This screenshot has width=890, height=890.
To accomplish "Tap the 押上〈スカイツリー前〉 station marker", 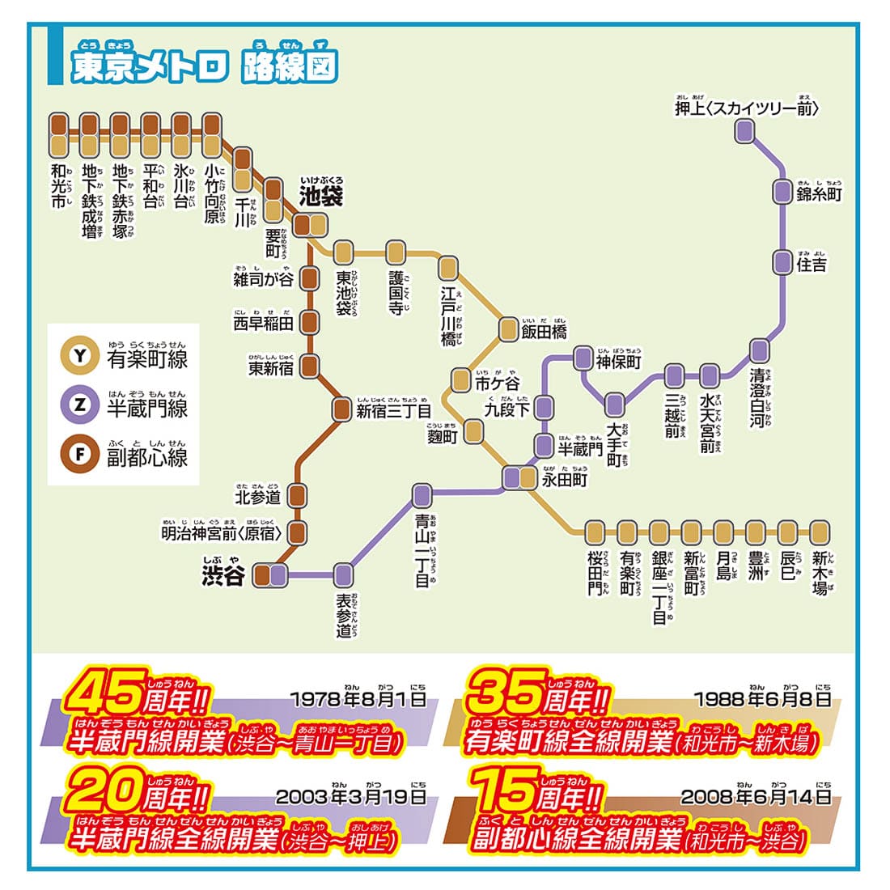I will [x=745, y=131].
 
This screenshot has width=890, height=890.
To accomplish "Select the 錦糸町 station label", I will [x=819, y=194].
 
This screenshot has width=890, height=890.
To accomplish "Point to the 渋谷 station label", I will [x=223, y=574].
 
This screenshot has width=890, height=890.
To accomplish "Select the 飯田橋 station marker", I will [x=508, y=328].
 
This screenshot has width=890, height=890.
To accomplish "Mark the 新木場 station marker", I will [x=820, y=532].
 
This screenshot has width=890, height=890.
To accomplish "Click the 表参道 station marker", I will [x=344, y=575].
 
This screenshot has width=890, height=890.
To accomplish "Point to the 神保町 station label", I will [x=618, y=361].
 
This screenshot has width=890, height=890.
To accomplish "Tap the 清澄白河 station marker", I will [x=759, y=350].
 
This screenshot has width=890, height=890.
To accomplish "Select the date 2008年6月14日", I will [x=756, y=796].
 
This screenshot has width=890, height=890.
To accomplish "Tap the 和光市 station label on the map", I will [x=58, y=187].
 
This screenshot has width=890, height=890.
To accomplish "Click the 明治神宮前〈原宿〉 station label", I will [x=222, y=533].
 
